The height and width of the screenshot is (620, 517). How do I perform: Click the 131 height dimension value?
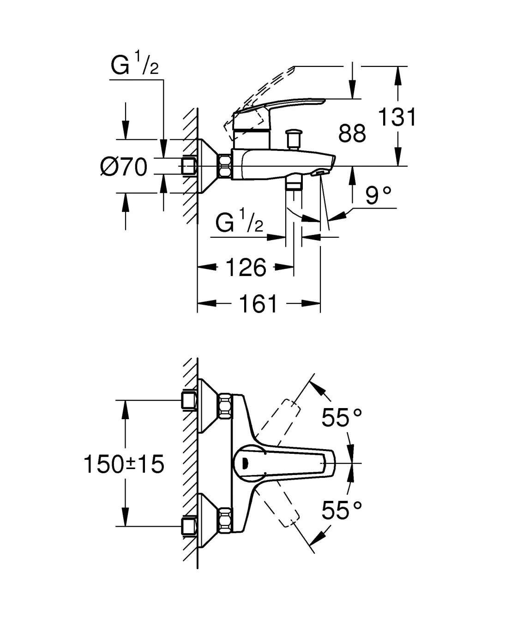tap(397, 117)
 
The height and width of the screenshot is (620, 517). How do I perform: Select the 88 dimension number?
tap(352, 133)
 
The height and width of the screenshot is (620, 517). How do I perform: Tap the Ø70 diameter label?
tap(124, 167)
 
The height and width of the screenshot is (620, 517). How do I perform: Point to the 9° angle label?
tap(379, 196)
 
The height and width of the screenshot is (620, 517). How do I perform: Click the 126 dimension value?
tap(246, 267)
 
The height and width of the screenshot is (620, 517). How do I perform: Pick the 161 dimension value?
tap(258, 304)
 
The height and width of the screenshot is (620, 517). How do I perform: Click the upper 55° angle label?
tap(342, 418)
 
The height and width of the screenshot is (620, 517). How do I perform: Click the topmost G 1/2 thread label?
tap(134, 66)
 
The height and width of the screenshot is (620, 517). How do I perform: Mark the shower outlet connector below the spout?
tap(294, 183)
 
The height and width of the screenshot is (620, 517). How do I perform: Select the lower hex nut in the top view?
tap(226, 518)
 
